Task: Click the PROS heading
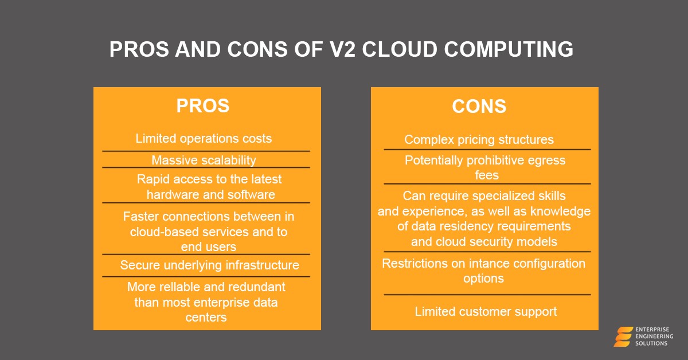coord(203,105)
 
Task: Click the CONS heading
coord(479,106)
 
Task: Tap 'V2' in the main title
coord(342,49)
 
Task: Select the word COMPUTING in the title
coord(509,49)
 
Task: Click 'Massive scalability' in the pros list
coord(204,160)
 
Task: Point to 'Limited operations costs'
coord(204,139)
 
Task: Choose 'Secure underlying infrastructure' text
coord(209,265)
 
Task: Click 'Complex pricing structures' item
coord(479,140)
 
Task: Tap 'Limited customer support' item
coord(486,311)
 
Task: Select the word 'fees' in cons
coord(487,175)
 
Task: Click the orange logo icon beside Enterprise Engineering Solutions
coord(623,336)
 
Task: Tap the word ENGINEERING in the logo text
coord(654,336)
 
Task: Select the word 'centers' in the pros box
coord(206,318)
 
